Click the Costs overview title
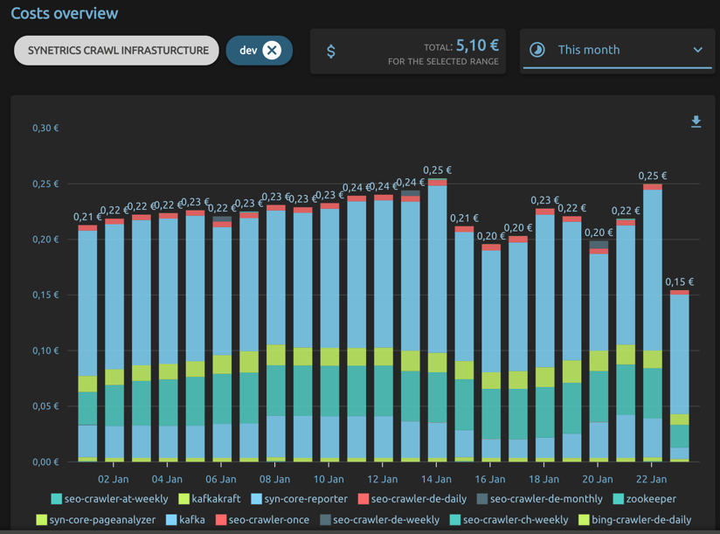(65, 14)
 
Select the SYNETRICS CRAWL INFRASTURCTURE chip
(117, 51)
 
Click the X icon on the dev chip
(272, 51)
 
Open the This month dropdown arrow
(697, 51)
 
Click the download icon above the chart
(696, 121)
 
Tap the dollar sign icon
(330, 52)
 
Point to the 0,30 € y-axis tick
(45, 128)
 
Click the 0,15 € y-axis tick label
(45, 295)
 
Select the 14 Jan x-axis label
(436, 479)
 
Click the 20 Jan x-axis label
(598, 479)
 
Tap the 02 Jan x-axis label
(114, 479)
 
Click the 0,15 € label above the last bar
(679, 282)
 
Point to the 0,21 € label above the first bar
(87, 217)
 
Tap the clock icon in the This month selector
(537, 51)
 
